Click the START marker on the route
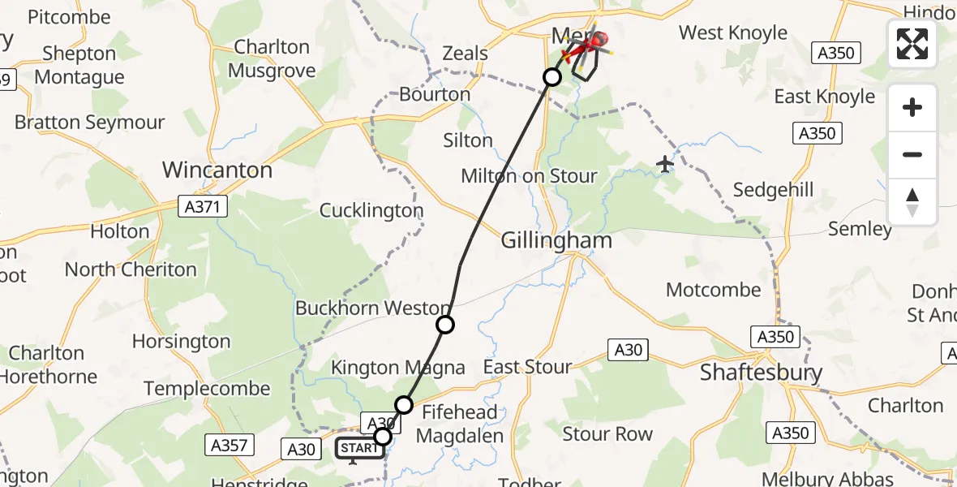(358, 448)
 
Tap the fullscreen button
(912, 44)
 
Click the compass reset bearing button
(912, 202)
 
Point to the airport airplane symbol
(666, 164)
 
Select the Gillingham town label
(556, 241)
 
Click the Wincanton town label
(217, 170)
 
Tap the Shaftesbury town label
(761, 373)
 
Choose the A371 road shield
(203, 208)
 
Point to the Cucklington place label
(371, 211)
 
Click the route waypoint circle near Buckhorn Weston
(445, 325)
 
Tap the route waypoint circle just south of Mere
(551, 77)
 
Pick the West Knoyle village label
(732, 33)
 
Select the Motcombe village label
(713, 290)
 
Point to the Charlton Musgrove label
(272, 58)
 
